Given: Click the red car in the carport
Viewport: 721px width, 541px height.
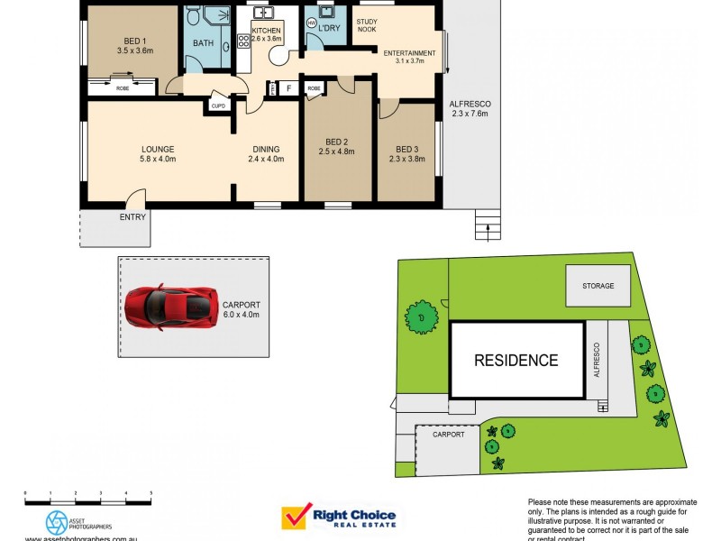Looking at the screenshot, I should [x=171, y=307].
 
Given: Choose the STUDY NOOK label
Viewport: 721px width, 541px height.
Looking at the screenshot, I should [x=367, y=25].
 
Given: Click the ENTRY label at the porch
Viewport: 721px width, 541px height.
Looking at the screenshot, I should [x=132, y=216].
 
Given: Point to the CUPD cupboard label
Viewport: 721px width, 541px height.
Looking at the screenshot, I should [x=218, y=105].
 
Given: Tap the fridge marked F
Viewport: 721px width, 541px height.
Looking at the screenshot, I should [x=288, y=88].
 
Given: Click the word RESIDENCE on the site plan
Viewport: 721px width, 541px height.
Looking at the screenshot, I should [x=516, y=361].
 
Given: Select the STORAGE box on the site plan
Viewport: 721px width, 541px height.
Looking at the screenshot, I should [x=598, y=286].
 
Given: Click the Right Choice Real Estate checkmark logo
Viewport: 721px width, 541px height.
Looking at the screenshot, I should [x=294, y=517].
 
